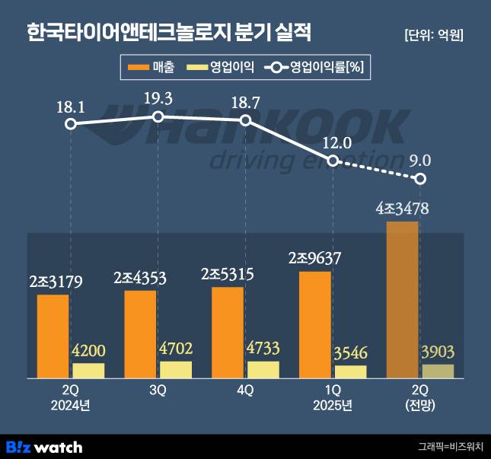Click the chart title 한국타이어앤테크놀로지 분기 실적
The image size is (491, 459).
tap(168, 33)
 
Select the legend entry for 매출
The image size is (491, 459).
tap(153, 68)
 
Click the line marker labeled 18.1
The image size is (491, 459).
tap(71, 124)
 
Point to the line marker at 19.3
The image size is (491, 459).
tap(158, 116)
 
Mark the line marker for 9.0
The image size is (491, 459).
tap(420, 179)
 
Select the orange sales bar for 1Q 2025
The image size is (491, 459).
tap(315, 324)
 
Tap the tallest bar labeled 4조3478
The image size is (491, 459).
tap(403, 299)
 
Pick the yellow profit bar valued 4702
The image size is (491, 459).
tap(176, 370)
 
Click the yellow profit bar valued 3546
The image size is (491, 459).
tap(350, 371)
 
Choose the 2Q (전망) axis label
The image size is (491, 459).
tap(420, 397)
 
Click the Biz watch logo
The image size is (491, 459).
tap(44, 447)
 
